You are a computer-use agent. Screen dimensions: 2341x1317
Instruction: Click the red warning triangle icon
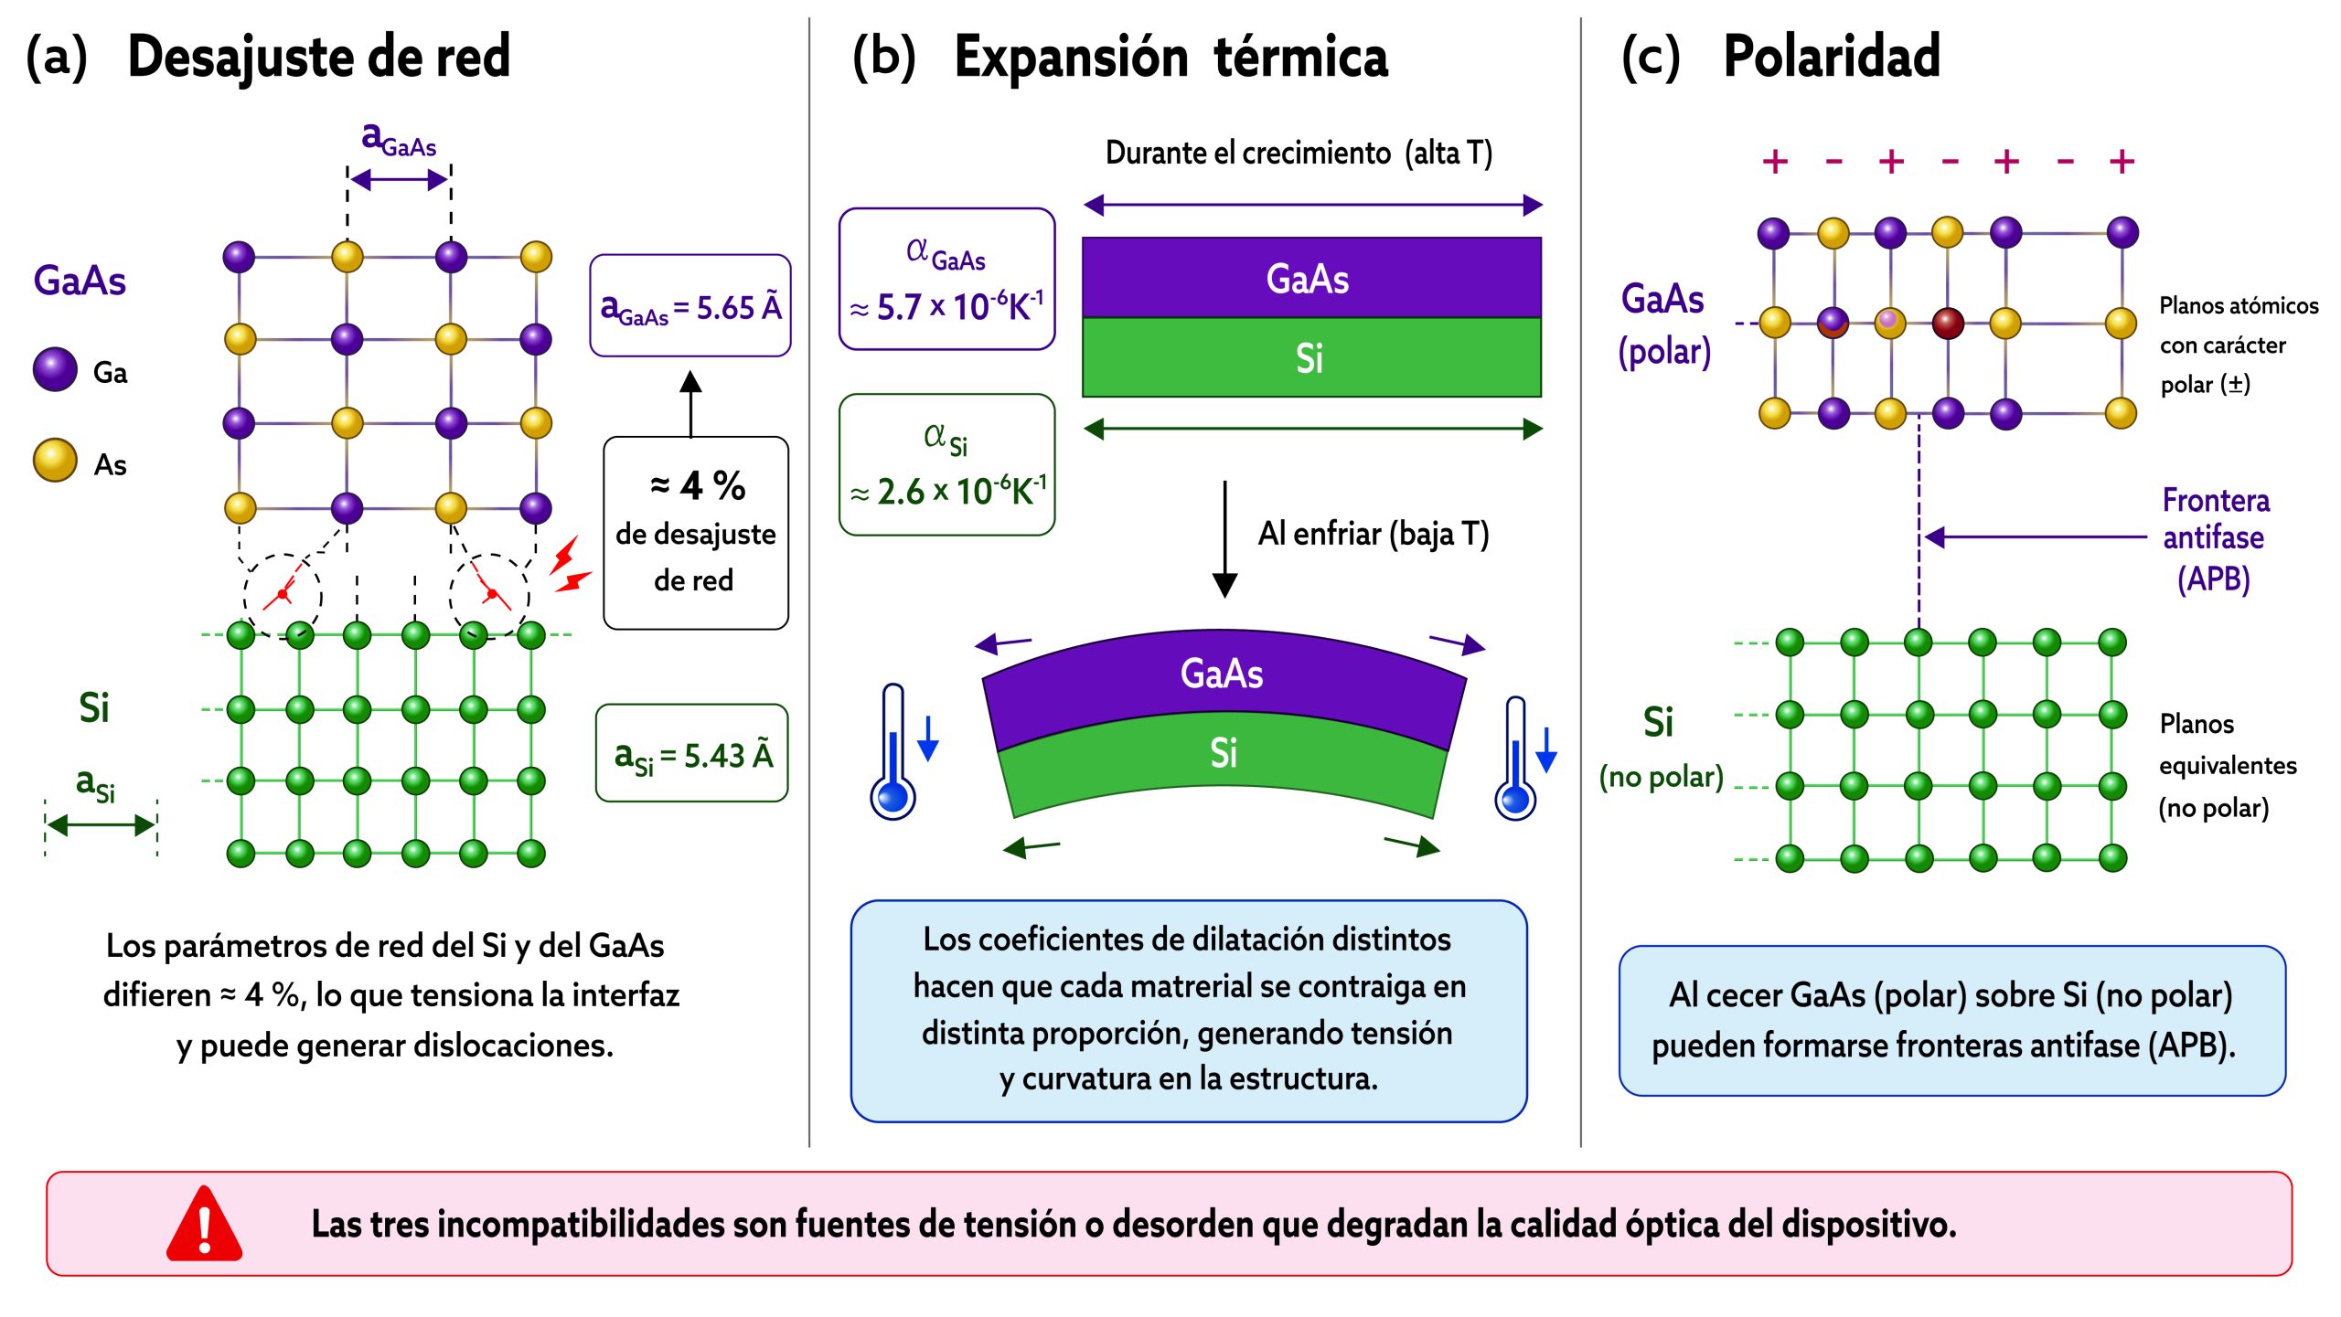[x=204, y=1225]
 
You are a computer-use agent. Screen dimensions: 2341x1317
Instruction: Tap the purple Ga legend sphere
[x=55, y=369]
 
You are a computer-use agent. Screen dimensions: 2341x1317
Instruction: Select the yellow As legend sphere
[x=55, y=460]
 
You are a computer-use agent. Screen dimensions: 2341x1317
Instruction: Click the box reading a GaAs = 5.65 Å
[x=690, y=305]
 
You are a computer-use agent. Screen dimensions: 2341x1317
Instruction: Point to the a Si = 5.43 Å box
[x=692, y=753]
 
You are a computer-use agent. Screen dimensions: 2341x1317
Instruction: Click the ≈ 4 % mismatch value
[x=698, y=485]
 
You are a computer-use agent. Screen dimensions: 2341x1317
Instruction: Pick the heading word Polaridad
[x=1831, y=57]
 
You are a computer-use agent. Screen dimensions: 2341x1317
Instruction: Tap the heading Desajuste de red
[x=319, y=57]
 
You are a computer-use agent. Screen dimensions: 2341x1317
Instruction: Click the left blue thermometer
[x=893, y=752]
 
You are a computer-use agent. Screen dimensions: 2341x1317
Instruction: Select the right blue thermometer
[x=1515, y=759]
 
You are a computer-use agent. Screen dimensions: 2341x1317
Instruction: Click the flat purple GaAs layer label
[x=1308, y=279]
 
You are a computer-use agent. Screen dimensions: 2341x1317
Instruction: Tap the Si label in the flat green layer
[x=1309, y=358]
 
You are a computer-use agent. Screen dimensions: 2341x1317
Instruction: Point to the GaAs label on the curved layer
[x=1222, y=674]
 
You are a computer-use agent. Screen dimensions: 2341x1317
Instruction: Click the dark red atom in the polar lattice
[x=1948, y=323]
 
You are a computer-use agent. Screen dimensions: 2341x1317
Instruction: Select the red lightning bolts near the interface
[x=570, y=565]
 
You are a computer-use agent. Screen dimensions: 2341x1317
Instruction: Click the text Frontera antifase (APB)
[x=2214, y=539]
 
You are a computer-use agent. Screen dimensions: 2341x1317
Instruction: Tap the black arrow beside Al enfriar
[x=1224, y=539]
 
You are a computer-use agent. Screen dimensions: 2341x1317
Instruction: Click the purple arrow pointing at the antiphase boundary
[x=2036, y=537]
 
